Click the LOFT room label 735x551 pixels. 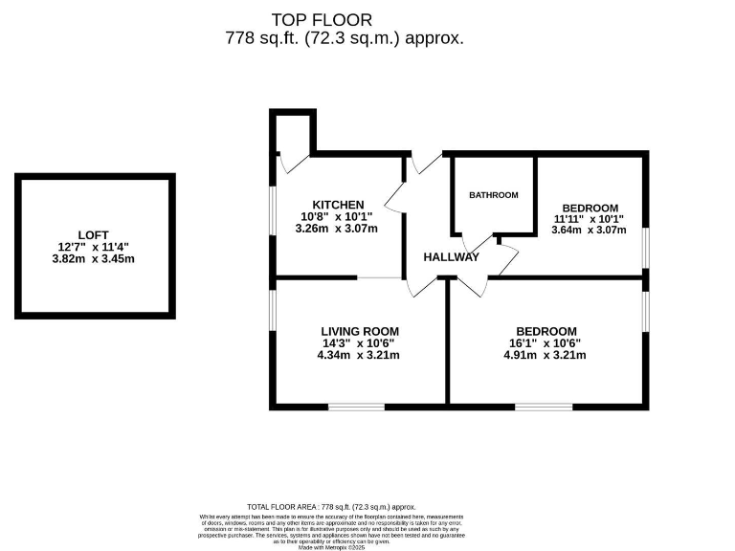[94, 235]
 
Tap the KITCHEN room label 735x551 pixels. [338, 205]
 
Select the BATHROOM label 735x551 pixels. [493, 195]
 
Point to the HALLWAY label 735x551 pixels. [452, 256]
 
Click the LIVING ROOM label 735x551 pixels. [360, 331]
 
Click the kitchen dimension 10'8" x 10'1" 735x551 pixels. [338, 216]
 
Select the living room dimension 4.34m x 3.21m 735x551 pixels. [360, 355]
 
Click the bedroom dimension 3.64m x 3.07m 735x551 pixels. [590, 230]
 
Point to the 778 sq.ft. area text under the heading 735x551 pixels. [345, 39]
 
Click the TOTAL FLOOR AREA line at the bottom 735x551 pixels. [331, 506]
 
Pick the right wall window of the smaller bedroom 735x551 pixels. [644, 243]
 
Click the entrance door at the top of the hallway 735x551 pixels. [422, 164]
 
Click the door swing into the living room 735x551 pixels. [422, 286]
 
